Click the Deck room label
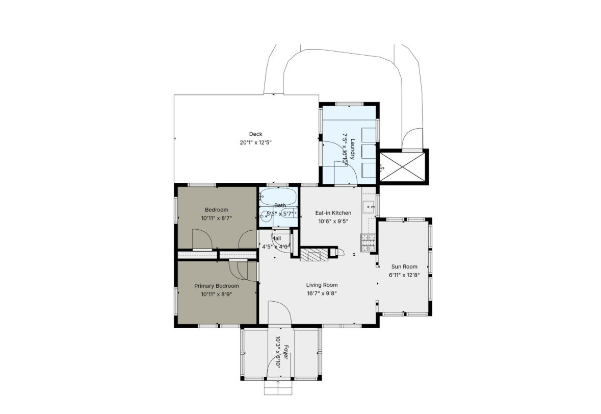point(255,134)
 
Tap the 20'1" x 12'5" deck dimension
point(255,143)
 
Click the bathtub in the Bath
point(278,196)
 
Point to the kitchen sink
point(369,207)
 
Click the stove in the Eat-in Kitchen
point(368,242)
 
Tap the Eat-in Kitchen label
point(333,213)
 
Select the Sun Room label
point(404,266)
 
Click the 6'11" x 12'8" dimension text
point(404,275)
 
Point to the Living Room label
point(322,285)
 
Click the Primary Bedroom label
point(216,286)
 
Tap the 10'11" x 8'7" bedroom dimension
point(216,218)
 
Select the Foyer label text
point(286,352)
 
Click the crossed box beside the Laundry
point(403,166)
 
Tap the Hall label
point(276,238)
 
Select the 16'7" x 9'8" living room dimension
point(322,294)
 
